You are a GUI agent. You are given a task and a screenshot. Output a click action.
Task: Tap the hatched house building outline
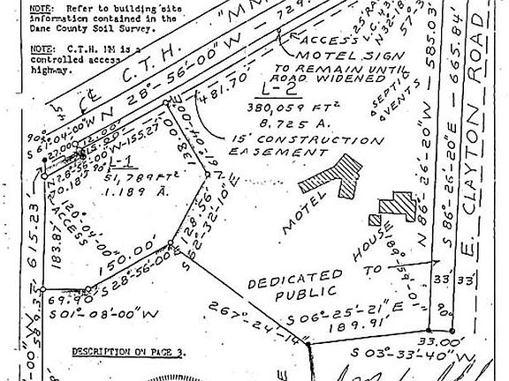click(392, 208)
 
